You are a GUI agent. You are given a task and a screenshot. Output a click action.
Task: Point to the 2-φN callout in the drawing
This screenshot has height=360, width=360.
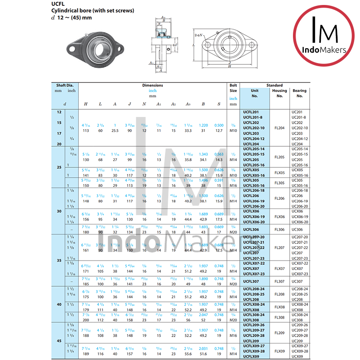point(198,34)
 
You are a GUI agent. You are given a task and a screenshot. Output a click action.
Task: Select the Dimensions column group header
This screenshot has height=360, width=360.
point(153,85)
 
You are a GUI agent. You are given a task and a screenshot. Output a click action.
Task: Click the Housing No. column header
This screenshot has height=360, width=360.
point(279,93)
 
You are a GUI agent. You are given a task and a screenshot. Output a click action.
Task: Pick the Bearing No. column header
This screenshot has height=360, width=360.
point(299,93)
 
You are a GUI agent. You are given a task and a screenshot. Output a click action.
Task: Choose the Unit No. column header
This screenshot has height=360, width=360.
point(254,93)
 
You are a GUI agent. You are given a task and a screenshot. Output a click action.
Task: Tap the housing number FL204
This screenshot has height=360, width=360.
point(279,128)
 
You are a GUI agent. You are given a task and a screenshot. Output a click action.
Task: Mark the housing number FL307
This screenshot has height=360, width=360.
point(279,281)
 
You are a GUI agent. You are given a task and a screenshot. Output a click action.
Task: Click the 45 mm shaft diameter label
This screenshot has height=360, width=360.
point(58,340)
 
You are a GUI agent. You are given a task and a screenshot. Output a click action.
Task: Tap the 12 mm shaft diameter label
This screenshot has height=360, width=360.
point(58,112)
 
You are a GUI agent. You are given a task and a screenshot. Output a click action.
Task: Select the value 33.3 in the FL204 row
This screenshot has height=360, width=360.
point(188,130)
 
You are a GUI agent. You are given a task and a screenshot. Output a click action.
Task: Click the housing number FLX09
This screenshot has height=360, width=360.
point(279,351)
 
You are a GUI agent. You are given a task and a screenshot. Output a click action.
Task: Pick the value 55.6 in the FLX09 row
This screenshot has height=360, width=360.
point(188,354)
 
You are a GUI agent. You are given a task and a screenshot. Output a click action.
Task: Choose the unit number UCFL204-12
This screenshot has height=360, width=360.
point(254,139)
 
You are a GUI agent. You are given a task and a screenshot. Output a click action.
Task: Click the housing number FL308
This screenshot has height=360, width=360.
point(279,317)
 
